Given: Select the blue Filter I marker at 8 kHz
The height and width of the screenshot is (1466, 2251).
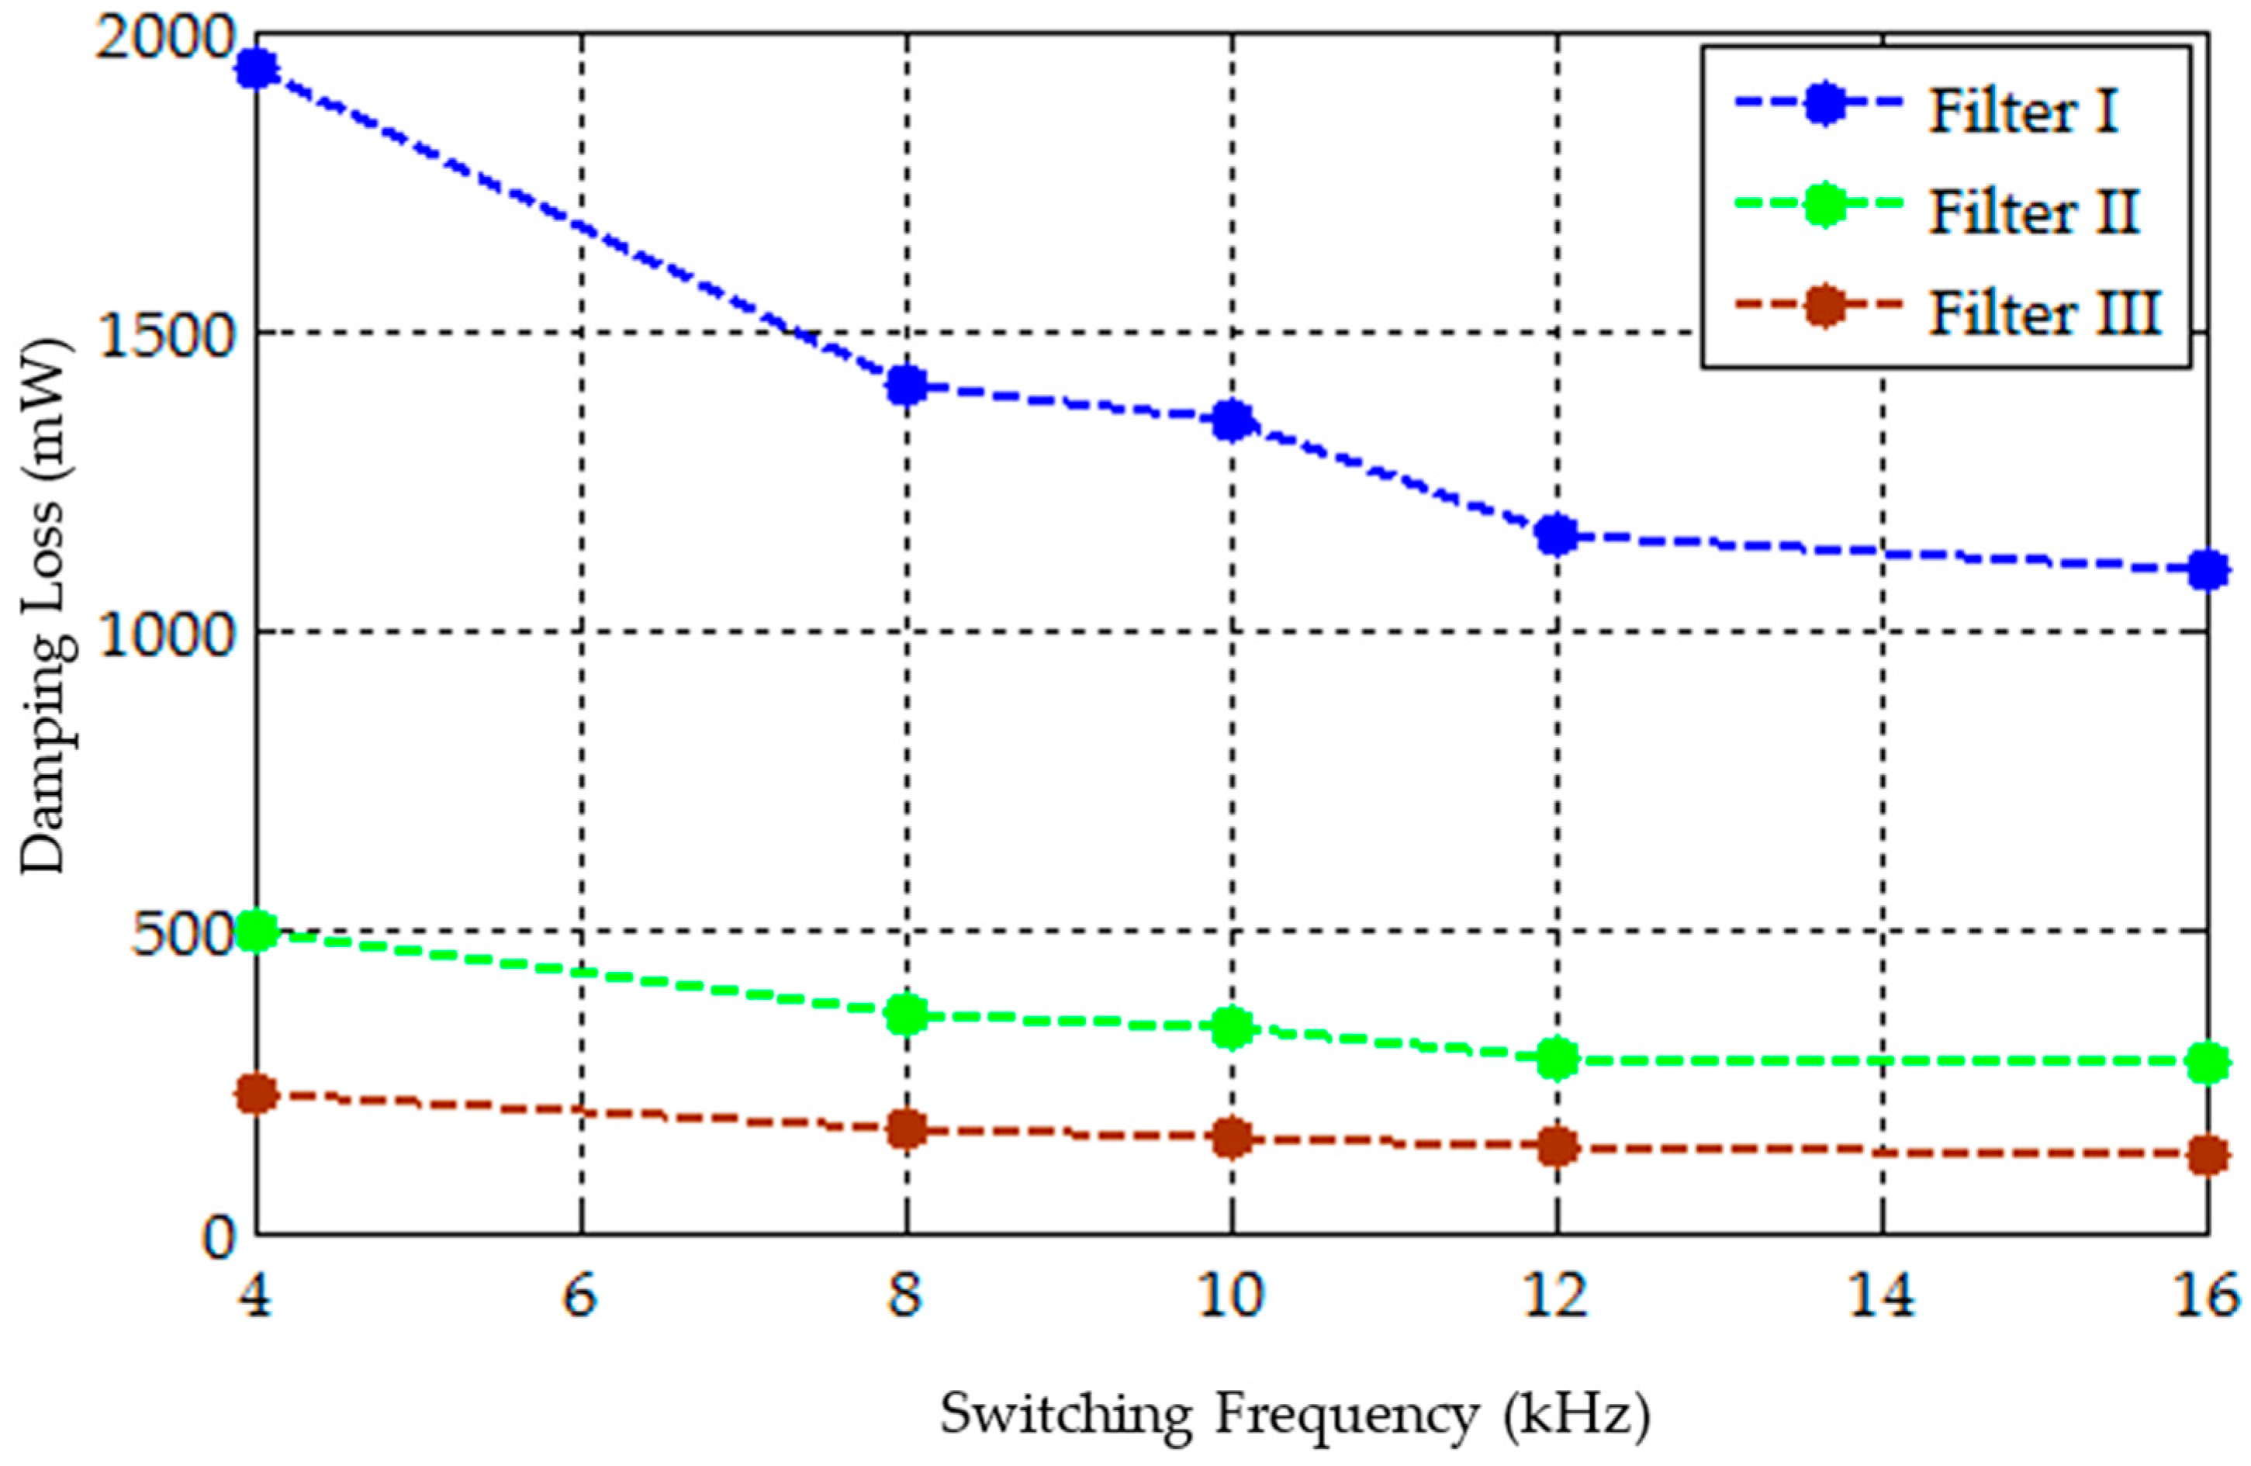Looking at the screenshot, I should (x=906, y=385).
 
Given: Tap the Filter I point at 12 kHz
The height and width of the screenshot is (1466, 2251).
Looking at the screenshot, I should (x=1556, y=535).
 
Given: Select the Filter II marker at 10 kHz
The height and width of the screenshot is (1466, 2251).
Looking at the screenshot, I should (x=1232, y=1027).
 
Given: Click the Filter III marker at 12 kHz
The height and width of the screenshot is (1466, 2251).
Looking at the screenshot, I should (x=1556, y=1146).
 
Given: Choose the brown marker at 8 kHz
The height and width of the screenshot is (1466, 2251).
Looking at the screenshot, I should (x=906, y=1129).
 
